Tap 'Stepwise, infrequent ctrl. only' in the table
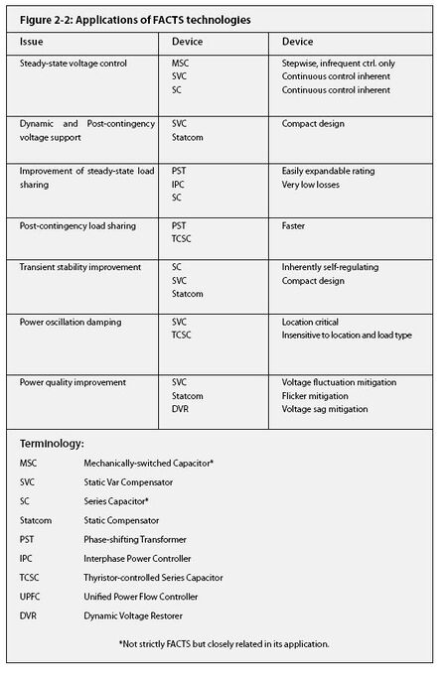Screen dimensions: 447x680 (x=347, y=63)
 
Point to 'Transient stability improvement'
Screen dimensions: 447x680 (x=79, y=267)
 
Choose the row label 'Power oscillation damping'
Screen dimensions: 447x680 (x=70, y=322)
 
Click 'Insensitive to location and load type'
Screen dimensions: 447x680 (x=347, y=335)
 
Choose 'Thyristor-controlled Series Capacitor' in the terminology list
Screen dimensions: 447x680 (x=154, y=577)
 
